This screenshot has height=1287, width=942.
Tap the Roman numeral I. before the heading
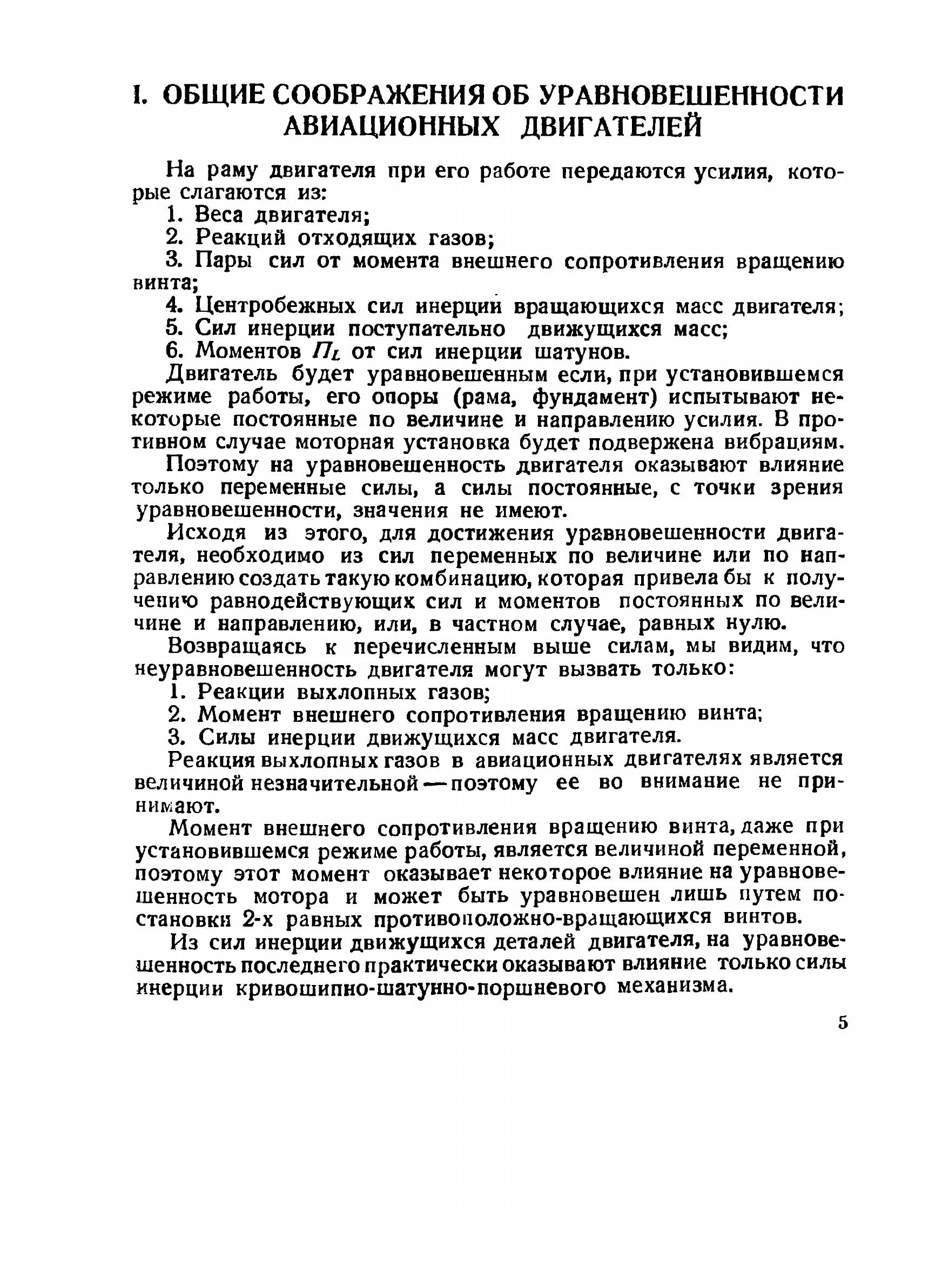pyautogui.click(x=139, y=95)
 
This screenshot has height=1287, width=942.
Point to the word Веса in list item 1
pyautogui.click(x=219, y=216)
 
